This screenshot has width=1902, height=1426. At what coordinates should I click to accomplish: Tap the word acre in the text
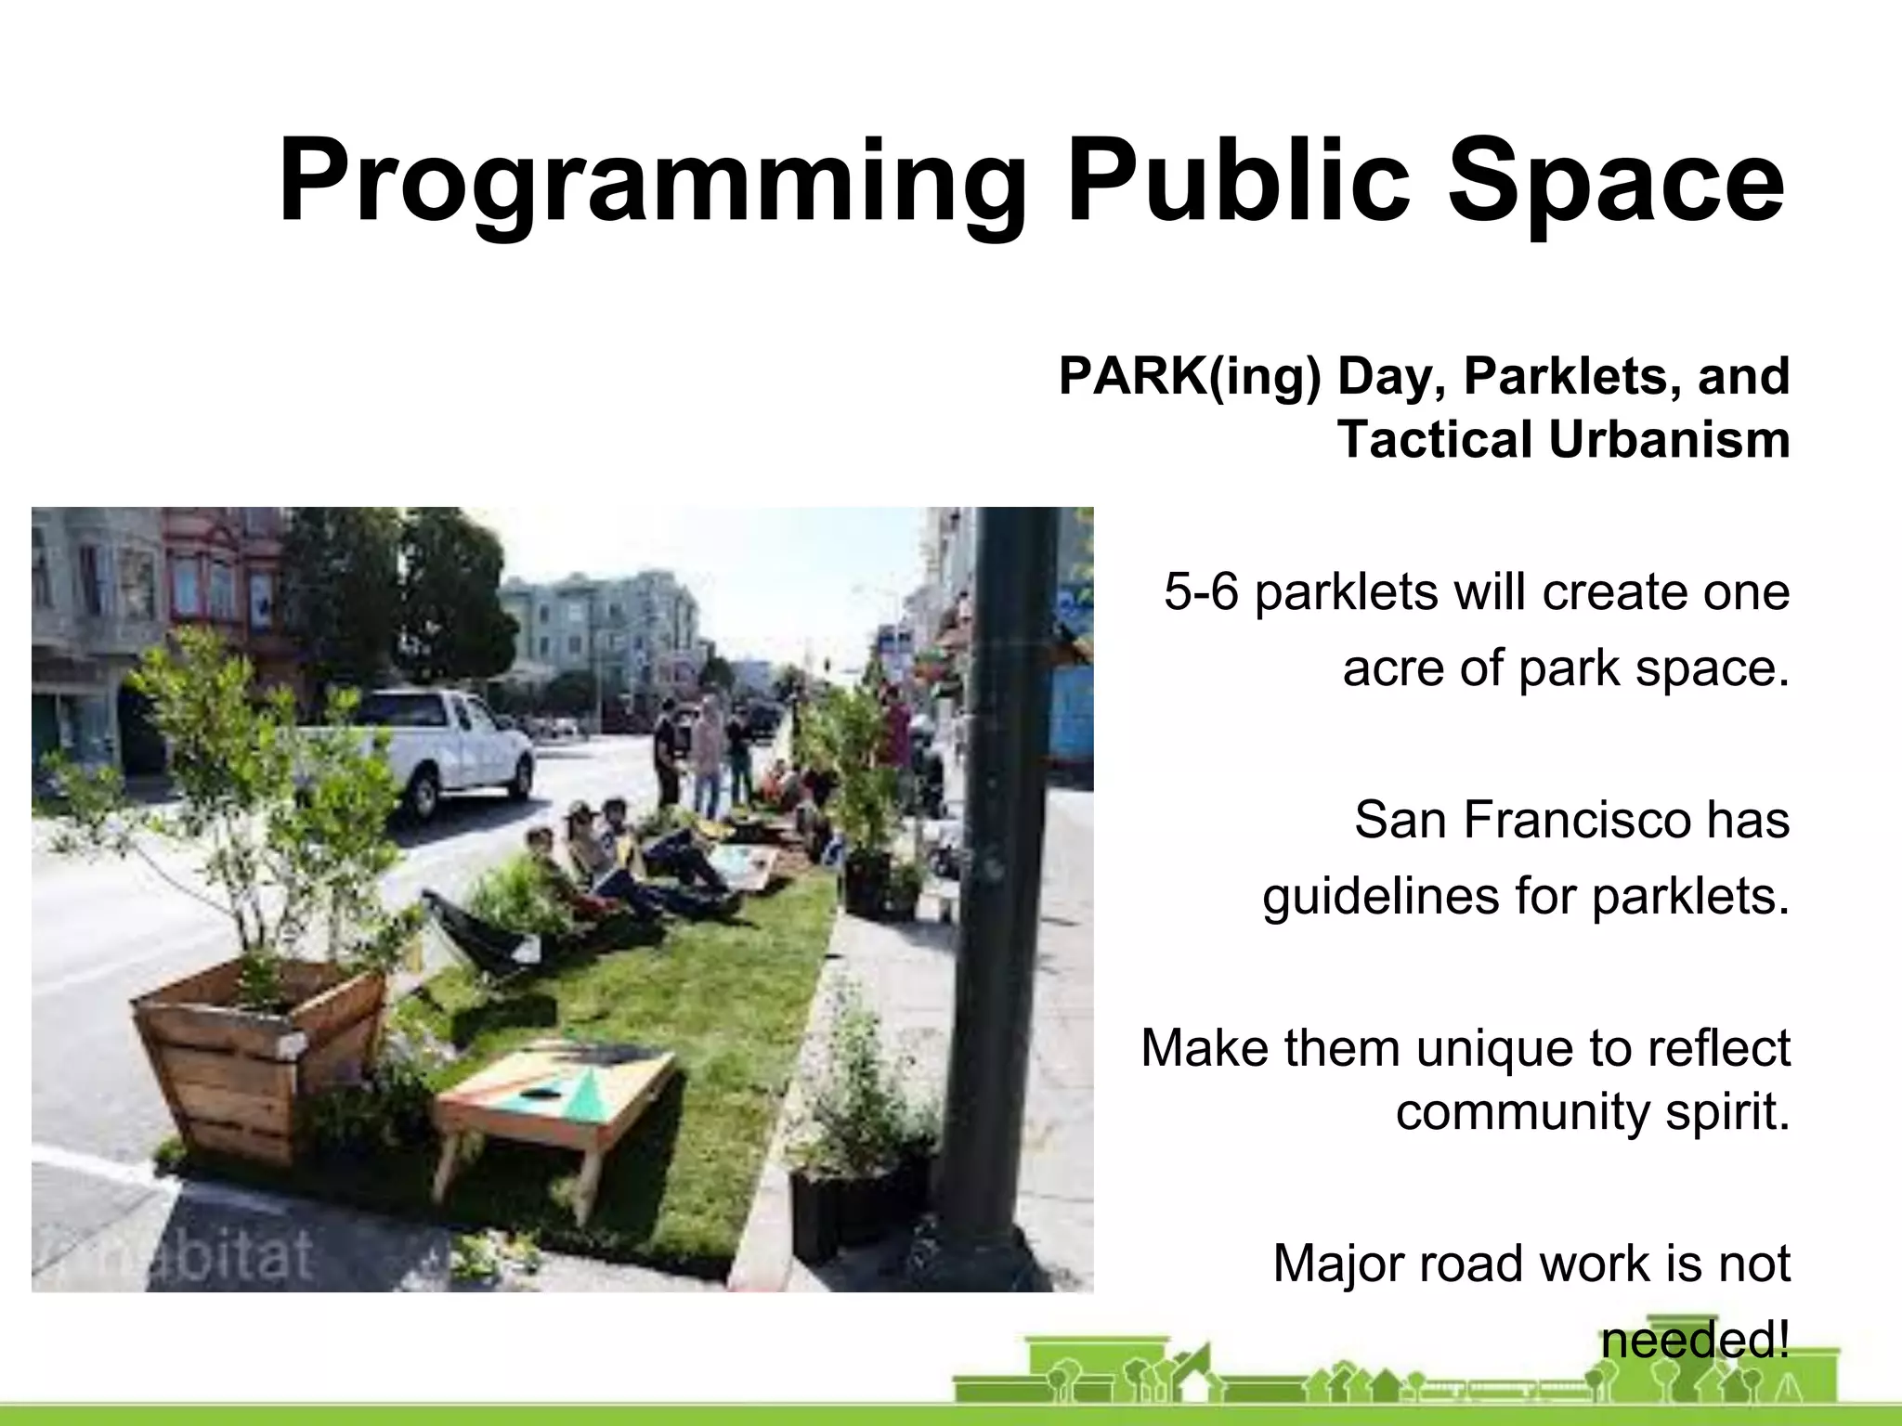[x=1392, y=668]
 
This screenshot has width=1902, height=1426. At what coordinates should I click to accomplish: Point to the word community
[x=1522, y=1111]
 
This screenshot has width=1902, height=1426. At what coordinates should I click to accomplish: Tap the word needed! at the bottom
[x=1695, y=1340]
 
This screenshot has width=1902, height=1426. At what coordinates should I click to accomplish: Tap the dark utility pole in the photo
[x=998, y=836]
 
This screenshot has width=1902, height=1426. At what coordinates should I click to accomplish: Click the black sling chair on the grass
[x=483, y=938]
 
